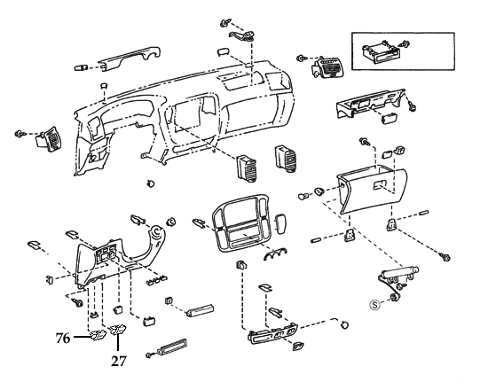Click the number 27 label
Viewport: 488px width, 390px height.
tap(119, 361)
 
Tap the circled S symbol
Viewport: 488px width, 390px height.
tap(375, 302)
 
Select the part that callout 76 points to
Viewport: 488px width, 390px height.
tap(99, 334)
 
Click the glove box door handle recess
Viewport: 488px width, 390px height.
tap(380, 187)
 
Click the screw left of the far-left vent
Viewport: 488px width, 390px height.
tap(19, 134)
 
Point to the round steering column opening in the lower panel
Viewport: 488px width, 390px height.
tap(156, 234)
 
